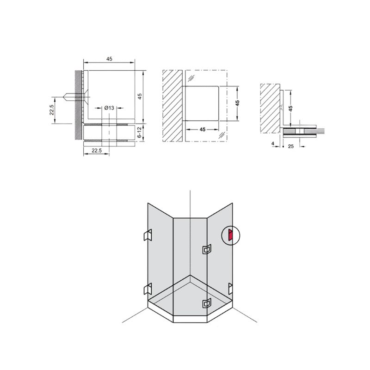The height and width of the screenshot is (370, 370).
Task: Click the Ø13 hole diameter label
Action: pos(109,108)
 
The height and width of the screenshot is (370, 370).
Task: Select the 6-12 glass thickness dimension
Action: pos(139,132)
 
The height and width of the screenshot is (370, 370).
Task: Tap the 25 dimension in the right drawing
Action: pos(291,146)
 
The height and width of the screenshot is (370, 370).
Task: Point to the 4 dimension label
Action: pos(273,143)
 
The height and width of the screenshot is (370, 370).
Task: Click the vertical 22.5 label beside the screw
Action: pos(52,110)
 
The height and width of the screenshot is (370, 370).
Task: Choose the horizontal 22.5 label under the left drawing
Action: pos(97,150)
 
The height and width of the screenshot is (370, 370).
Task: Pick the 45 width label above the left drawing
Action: pos(109,59)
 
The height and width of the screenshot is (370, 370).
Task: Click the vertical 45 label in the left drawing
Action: pos(140,96)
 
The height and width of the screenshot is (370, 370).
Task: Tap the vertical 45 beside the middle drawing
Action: pos(237,103)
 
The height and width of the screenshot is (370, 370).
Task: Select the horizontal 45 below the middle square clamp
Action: pos(203,129)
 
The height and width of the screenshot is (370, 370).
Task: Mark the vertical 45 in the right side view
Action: pos(291,108)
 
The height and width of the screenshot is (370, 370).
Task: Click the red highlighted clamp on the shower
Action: pos(230,235)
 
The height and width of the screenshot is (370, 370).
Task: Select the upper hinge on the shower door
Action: pos(206,249)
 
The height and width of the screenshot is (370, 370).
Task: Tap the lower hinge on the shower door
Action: pos(206,303)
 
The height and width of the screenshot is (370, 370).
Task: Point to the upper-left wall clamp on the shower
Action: pos(148,235)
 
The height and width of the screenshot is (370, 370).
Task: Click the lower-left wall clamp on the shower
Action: pos(148,289)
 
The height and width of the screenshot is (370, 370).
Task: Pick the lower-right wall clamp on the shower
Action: pos(230,289)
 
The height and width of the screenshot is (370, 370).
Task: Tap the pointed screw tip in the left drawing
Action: pos(64,97)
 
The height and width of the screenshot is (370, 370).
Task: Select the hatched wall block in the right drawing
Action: pos(270,108)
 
